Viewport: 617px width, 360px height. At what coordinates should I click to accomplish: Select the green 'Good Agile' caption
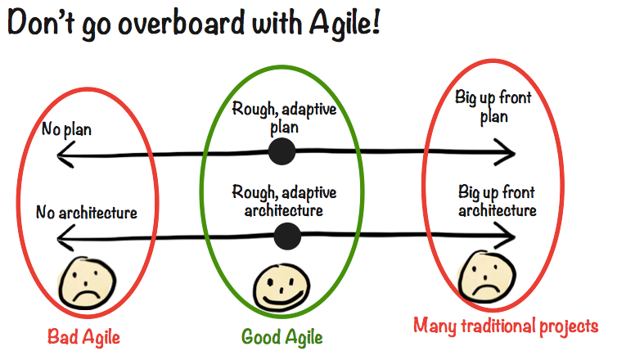pos(281,336)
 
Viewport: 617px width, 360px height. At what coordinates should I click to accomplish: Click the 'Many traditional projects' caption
pos(506,326)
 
